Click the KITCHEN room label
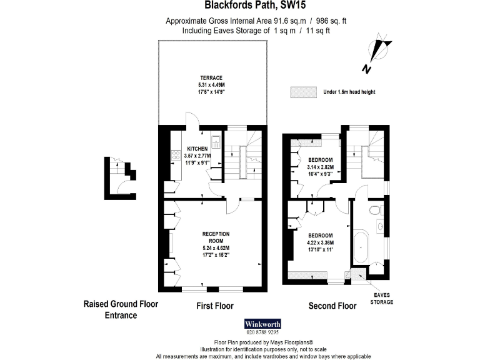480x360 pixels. [x=198, y=149]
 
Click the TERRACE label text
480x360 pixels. [x=211, y=77]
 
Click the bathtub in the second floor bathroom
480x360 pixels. [x=361, y=248]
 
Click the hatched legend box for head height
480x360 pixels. [x=302, y=92]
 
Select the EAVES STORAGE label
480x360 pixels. [x=381, y=298]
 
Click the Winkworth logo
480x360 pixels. [x=261, y=324]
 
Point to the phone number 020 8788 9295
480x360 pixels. [x=261, y=332]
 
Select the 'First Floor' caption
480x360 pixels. [x=215, y=306]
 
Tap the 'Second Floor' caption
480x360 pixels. [x=332, y=306]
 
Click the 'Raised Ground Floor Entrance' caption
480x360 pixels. [x=121, y=309]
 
